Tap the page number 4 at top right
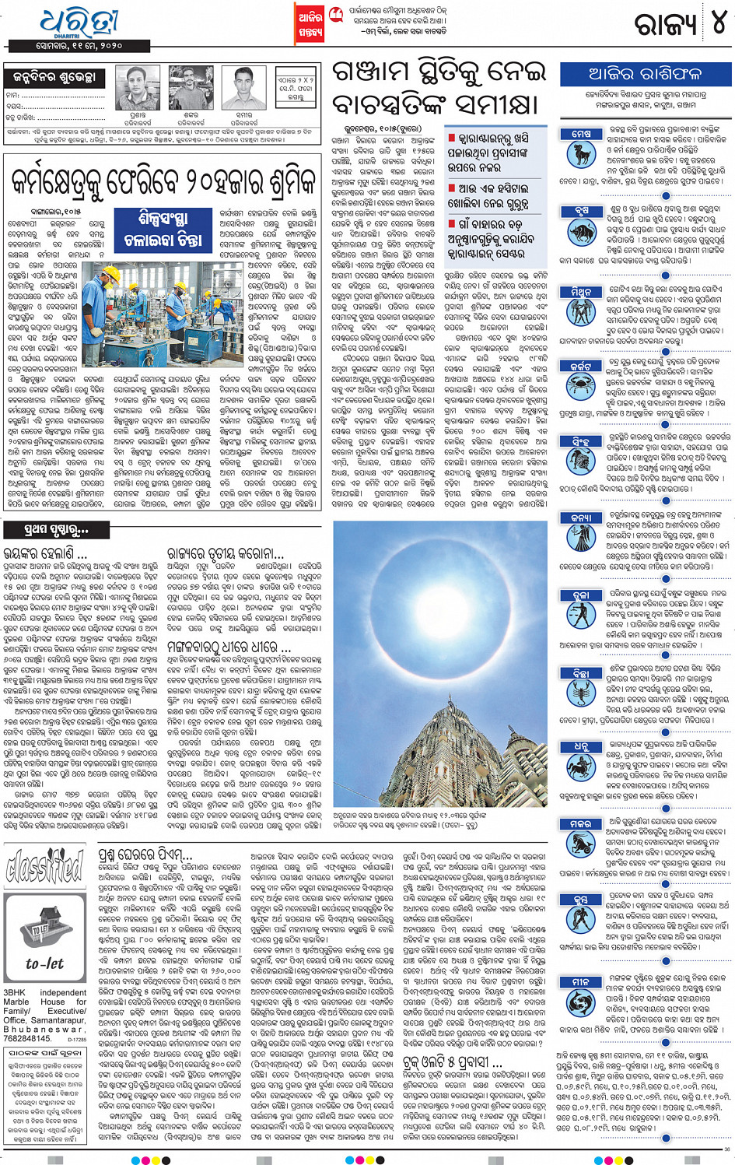718,23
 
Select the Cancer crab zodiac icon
580,384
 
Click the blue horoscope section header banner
645,75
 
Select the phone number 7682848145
27,1038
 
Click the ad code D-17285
77,1039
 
